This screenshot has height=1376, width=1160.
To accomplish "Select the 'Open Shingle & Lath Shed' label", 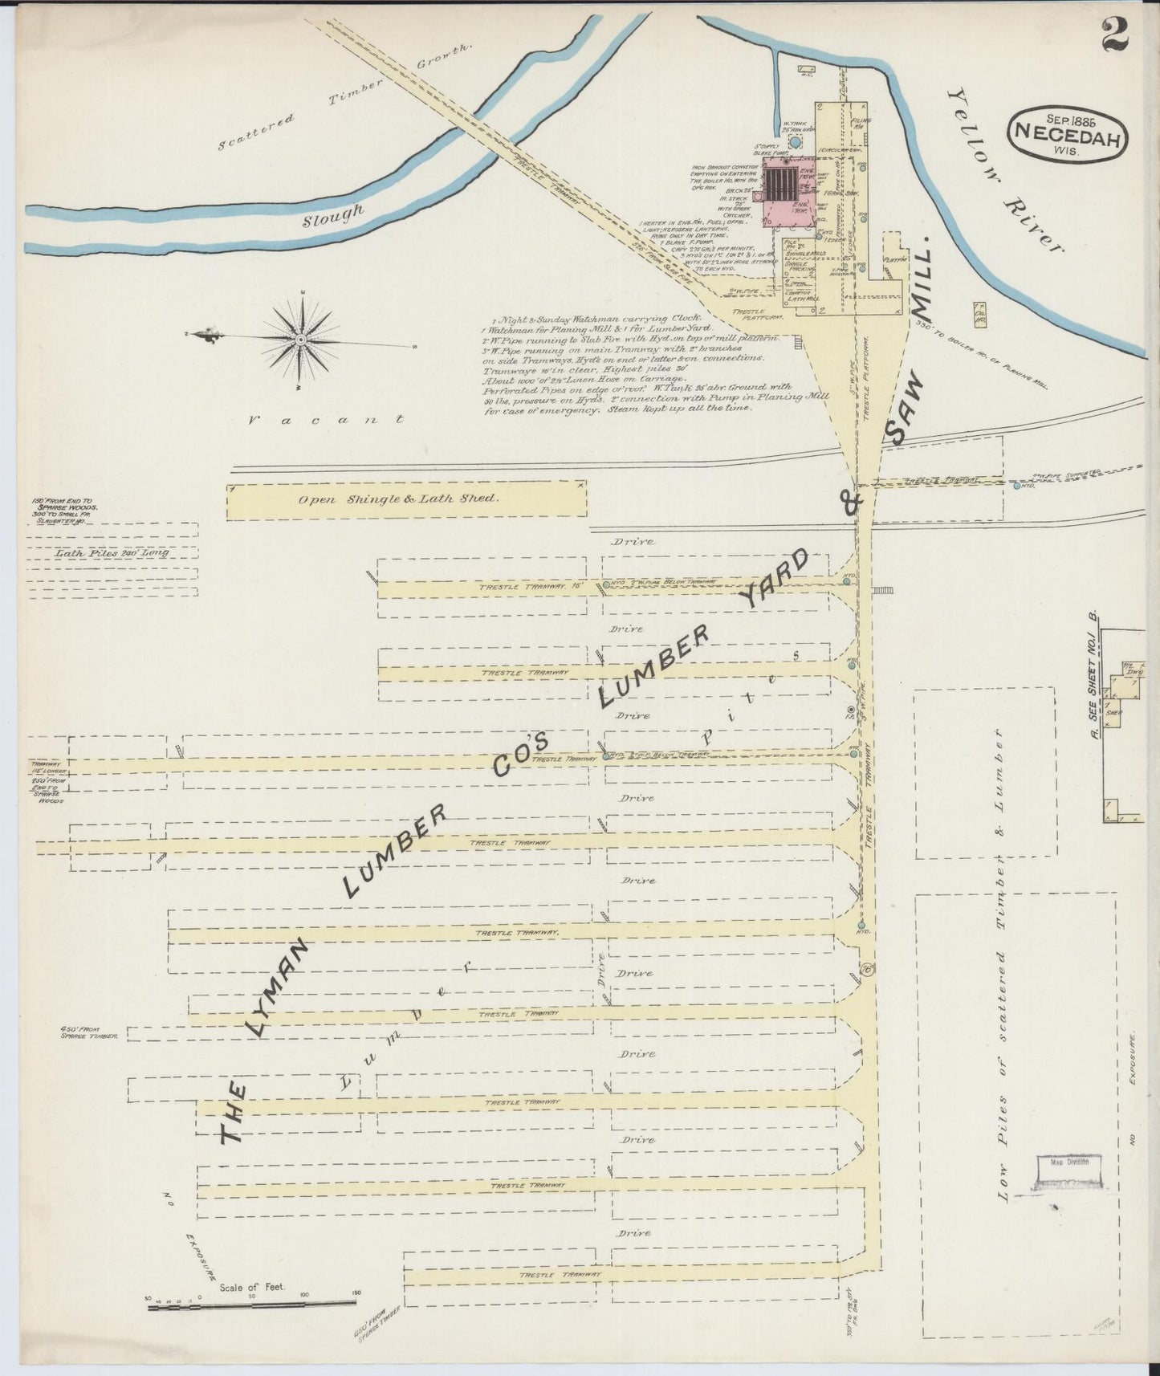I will point(399,499).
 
